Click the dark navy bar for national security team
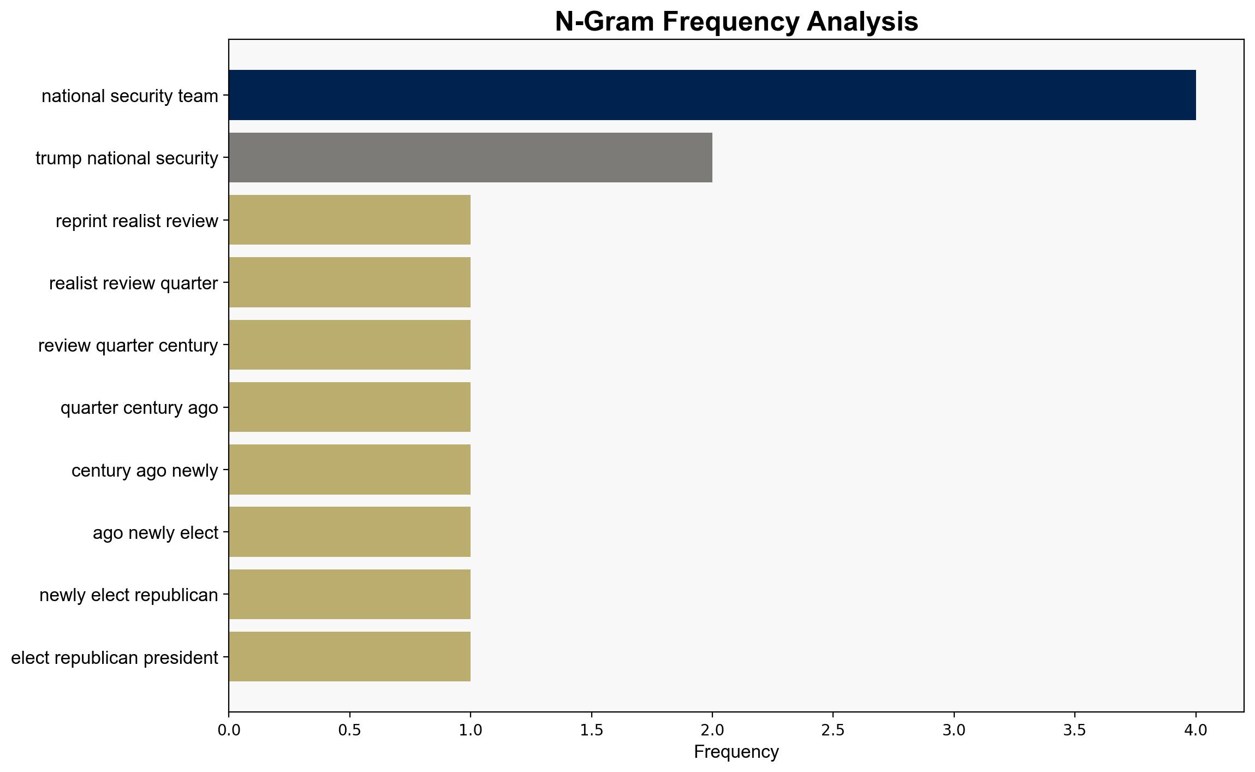712,95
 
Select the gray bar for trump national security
471,157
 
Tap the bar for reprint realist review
350,220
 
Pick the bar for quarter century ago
350,407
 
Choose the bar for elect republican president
350,657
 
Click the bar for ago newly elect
350,532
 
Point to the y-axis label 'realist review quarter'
134,283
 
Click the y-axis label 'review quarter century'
128,346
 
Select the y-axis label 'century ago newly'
145,471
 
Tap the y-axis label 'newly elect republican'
129,595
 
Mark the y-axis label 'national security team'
130,96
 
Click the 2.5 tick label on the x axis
833,729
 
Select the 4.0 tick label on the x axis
1196,729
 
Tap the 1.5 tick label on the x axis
591,729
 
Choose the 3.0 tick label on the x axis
954,729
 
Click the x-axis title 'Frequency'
736,752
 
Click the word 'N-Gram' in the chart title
605,22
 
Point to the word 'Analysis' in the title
863,23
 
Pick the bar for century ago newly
350,470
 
